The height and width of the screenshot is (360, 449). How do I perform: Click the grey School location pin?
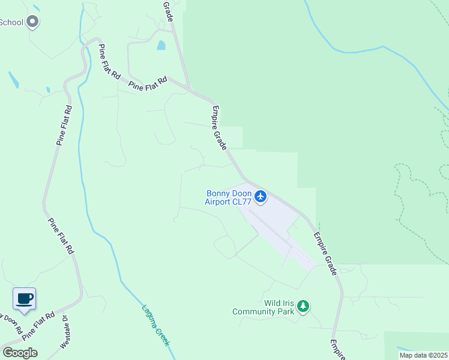[x=33, y=22]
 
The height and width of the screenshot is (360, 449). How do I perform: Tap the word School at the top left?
[x=11, y=23]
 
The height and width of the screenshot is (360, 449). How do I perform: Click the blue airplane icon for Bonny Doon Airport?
[x=261, y=196]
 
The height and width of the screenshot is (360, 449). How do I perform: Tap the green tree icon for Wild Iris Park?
[x=304, y=307]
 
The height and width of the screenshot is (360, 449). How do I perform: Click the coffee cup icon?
[x=24, y=299]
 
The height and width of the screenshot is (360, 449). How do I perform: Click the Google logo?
[x=20, y=353]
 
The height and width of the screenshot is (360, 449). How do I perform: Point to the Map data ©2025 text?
[x=423, y=355]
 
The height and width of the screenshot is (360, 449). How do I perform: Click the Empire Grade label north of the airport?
[x=219, y=128]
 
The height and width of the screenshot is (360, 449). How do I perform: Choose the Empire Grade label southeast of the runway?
[x=325, y=254]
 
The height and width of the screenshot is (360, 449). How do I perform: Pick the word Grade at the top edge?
[x=168, y=11]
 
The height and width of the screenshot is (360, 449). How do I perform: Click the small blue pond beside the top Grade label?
[x=160, y=45]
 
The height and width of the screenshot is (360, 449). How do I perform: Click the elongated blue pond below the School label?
[x=13, y=79]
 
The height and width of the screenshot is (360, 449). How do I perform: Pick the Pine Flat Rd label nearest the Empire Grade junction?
[x=148, y=84]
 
